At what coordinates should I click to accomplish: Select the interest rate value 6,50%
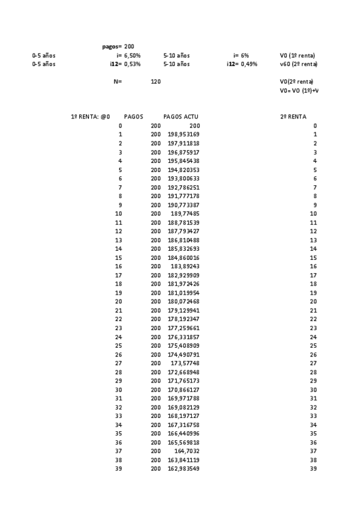(132, 55)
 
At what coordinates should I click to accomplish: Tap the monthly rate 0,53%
(132, 64)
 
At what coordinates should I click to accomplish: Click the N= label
(118, 81)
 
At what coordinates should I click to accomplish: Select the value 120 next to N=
(156, 81)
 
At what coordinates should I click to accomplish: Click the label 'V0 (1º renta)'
(297, 55)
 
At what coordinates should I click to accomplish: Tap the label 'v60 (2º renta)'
(299, 64)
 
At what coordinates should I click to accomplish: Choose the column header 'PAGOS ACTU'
(181, 117)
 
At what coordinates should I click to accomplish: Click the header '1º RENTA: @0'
(91, 117)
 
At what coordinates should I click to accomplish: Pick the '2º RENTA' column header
(293, 117)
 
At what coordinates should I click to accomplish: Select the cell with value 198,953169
(183, 134)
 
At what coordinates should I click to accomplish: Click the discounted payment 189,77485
(185, 214)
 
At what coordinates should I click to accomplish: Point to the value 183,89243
(185, 266)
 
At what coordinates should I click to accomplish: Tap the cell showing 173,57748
(185, 363)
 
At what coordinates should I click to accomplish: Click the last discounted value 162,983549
(183, 469)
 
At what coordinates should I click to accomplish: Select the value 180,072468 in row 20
(183, 301)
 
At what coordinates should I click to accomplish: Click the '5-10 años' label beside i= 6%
(176, 55)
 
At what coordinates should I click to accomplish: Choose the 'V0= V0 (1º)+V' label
(299, 90)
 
